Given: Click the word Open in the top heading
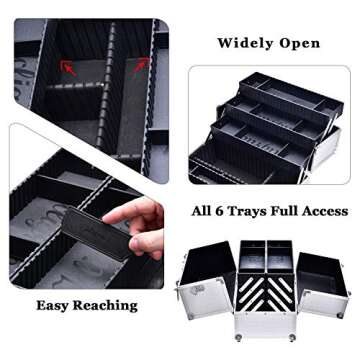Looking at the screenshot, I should click(301, 43).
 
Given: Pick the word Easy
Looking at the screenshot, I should click(58, 306).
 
